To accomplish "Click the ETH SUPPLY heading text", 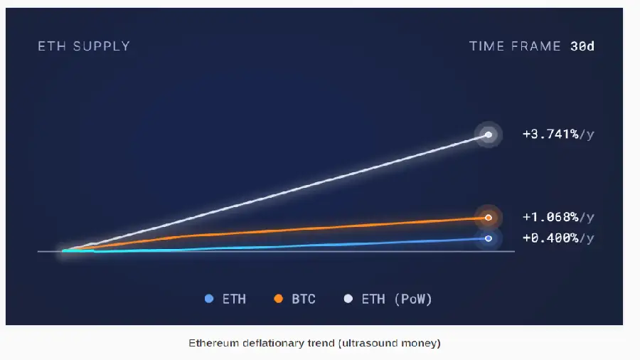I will (x=84, y=46).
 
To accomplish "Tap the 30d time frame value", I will (x=582, y=46).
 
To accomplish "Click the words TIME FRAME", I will (x=516, y=46).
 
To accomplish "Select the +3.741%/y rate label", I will (x=558, y=134).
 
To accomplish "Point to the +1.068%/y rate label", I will (x=558, y=217).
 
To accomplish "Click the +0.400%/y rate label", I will (x=558, y=238).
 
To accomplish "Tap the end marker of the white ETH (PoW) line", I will (x=489, y=134).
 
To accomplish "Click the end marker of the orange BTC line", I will (x=489, y=218).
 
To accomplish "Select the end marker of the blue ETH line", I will (x=489, y=238).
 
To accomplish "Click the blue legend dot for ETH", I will (x=208, y=299).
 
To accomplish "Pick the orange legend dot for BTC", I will (x=279, y=299).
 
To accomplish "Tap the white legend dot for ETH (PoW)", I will (x=348, y=299).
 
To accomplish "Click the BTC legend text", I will (x=304, y=299).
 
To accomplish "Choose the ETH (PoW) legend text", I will (x=397, y=299).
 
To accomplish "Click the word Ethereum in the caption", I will (x=211, y=343).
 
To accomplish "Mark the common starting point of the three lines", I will (x=65, y=250).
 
